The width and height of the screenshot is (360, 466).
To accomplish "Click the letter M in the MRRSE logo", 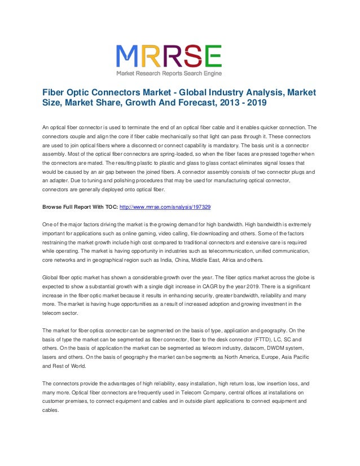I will pyautogui.click(x=129, y=56).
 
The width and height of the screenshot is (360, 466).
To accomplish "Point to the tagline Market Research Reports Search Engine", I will pyautogui.click(x=169, y=73).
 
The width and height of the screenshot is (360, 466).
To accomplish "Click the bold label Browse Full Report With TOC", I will pyautogui.click(x=81, y=207).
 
